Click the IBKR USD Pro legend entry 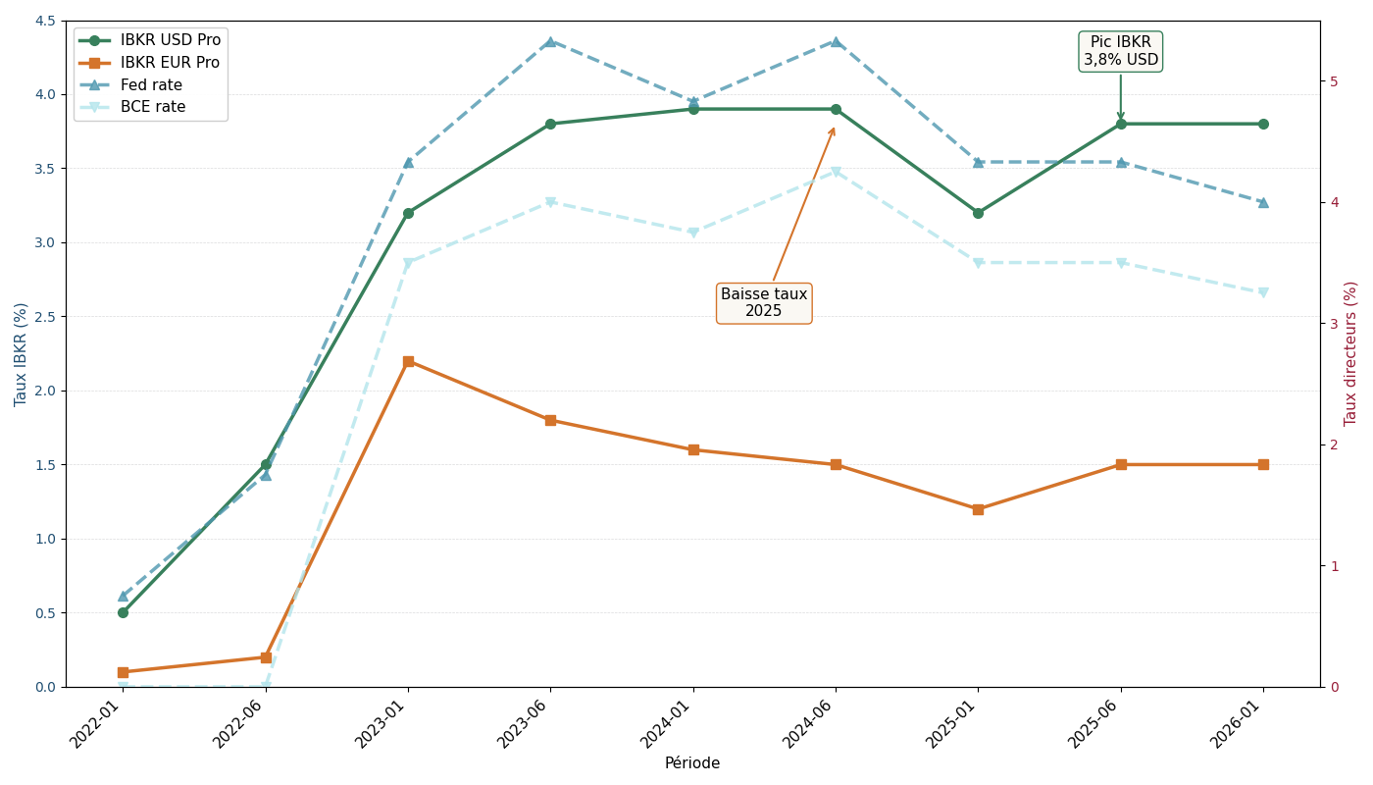click(170, 40)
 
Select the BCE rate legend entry click(152, 107)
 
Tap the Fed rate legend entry click(151, 85)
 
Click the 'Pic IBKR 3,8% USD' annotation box click(1120, 51)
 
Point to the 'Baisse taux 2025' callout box click(764, 303)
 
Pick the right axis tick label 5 click(1335, 81)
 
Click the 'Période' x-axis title click(691, 763)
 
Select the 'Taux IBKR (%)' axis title click(22, 354)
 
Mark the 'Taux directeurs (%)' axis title click(1351, 353)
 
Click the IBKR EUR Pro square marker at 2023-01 click(408, 362)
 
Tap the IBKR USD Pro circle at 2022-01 click(123, 612)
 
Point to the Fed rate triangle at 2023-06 click(550, 42)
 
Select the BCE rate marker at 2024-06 click(836, 173)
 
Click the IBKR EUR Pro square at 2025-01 click(978, 509)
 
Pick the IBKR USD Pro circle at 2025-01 click(978, 213)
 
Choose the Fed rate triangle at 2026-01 click(1263, 202)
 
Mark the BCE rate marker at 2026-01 click(1263, 292)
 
